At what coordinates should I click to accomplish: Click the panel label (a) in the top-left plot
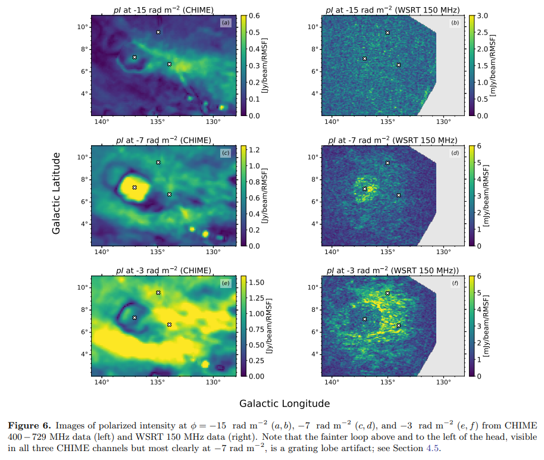pos(225,23)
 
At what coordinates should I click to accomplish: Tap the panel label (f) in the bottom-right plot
pos(455,283)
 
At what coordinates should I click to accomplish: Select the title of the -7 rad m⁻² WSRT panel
pos(392,140)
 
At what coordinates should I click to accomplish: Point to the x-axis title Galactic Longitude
pos(284,403)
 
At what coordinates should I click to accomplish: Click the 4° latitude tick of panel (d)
pos(314,224)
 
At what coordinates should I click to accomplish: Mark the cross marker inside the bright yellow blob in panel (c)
pos(135,187)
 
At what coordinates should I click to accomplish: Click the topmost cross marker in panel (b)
pos(387,33)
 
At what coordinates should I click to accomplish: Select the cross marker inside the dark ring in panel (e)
pos(135,318)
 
